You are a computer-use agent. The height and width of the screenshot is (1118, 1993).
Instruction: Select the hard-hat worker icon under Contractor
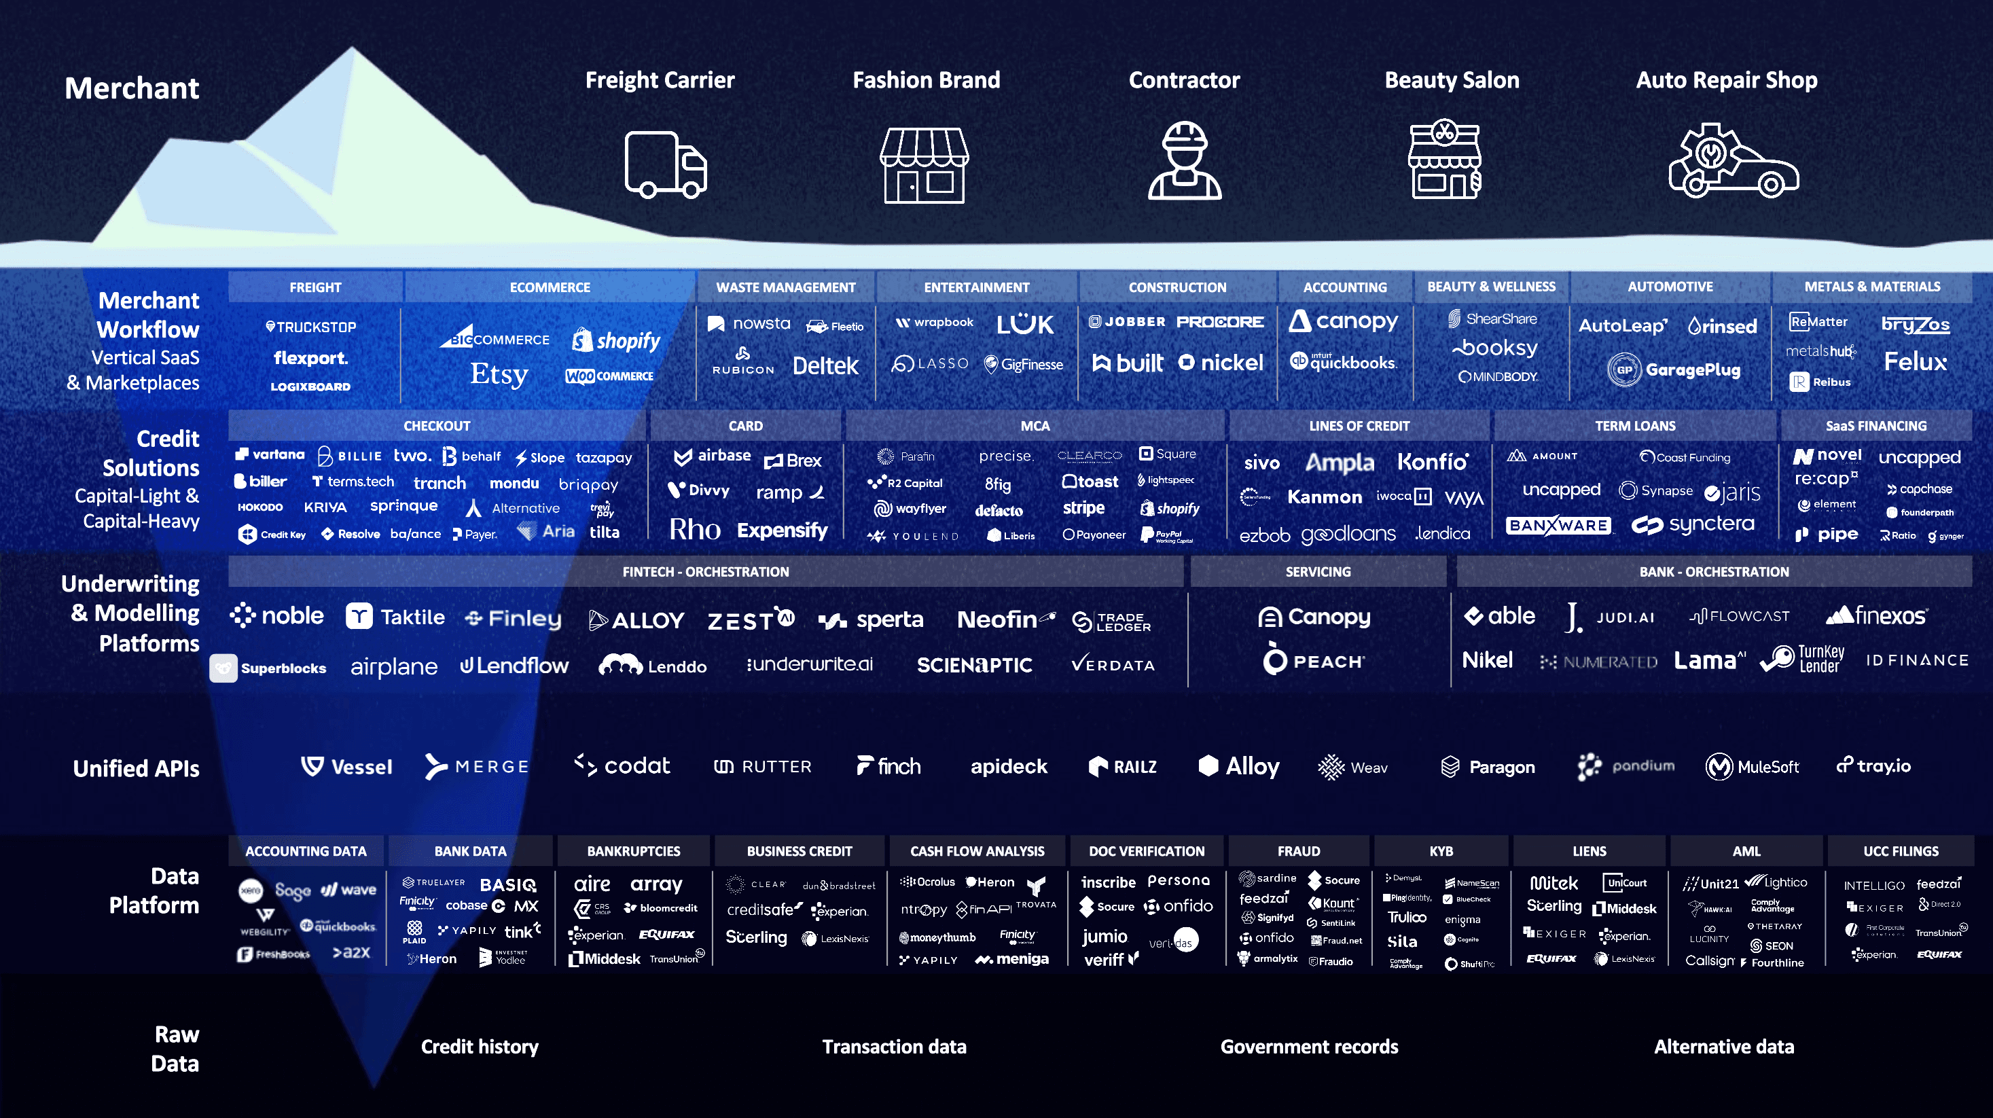1184,161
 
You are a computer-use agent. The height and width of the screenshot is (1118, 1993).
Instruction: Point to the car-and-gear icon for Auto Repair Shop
1732,161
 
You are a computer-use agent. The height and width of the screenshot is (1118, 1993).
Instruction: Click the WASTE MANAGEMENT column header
785,287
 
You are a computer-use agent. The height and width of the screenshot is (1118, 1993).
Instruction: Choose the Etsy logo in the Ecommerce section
499,374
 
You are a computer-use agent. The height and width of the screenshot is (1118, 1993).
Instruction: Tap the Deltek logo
825,366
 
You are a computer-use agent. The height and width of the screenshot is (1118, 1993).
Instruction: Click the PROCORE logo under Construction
1220,322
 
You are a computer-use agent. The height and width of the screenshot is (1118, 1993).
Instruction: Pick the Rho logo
694,530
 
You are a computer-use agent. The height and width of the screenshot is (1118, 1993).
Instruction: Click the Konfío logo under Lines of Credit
1432,463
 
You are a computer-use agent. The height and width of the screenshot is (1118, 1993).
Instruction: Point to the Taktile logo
395,617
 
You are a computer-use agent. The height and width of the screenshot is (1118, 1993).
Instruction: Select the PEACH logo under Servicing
1314,661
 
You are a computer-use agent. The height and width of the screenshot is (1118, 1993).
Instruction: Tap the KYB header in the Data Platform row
1441,851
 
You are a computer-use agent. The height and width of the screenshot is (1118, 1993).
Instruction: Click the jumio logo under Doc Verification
1104,936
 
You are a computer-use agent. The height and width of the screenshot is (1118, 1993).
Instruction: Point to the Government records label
1309,1047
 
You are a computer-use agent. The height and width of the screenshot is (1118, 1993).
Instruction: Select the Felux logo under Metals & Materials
1915,362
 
